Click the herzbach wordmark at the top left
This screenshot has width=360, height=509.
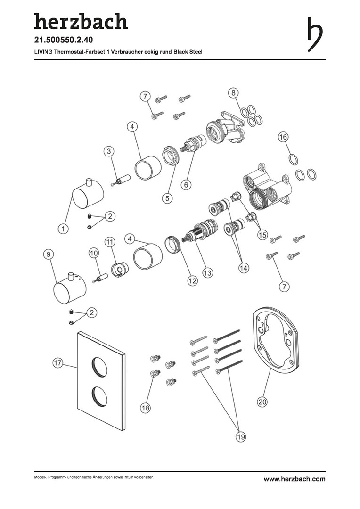pyautogui.click(x=81, y=21)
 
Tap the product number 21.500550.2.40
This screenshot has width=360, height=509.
pyautogui.click(x=64, y=40)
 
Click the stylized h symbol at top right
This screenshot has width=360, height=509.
pyautogui.click(x=315, y=34)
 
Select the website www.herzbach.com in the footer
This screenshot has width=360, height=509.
pyautogui.click(x=295, y=479)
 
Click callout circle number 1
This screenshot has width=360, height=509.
pyautogui.click(x=63, y=229)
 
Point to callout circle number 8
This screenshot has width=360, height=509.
pyautogui.click(x=233, y=93)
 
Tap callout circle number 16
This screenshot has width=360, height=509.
pyautogui.click(x=283, y=137)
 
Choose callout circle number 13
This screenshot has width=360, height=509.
pyautogui.click(x=207, y=273)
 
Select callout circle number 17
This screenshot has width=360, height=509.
pyautogui.click(x=57, y=363)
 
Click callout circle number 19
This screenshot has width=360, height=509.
pyautogui.click(x=240, y=436)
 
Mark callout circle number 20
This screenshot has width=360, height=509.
pyautogui.click(x=262, y=402)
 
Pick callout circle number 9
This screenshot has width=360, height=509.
pyautogui.click(x=49, y=254)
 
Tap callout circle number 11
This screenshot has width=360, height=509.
pyautogui.click(x=110, y=242)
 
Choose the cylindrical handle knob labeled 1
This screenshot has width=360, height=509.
pyautogui.click(x=88, y=195)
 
